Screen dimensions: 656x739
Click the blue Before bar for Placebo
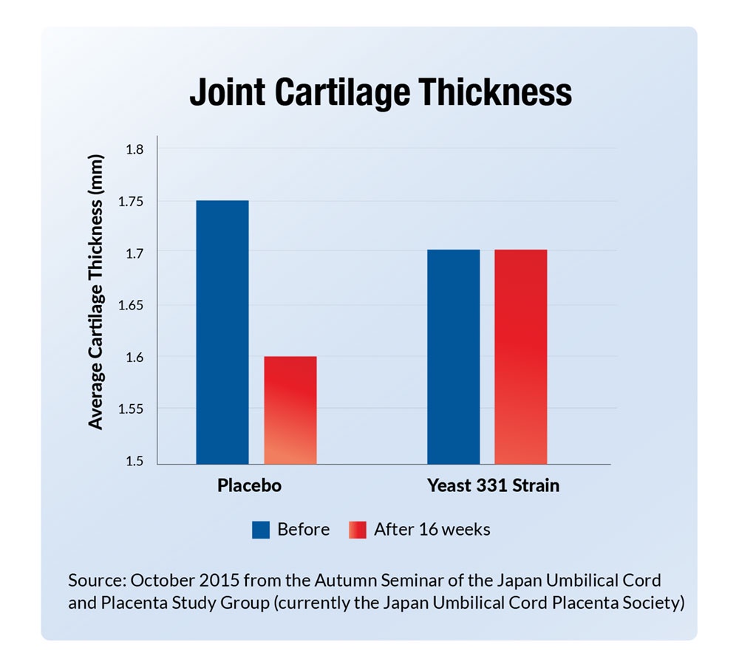click(222, 332)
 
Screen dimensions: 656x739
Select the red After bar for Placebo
click(290, 410)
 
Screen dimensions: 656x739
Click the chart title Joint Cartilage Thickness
click(380, 94)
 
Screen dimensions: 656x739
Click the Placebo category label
click(250, 486)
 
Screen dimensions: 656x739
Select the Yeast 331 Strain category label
click(493, 486)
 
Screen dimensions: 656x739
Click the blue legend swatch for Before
click(261, 529)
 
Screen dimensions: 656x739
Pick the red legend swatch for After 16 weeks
click(356, 529)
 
